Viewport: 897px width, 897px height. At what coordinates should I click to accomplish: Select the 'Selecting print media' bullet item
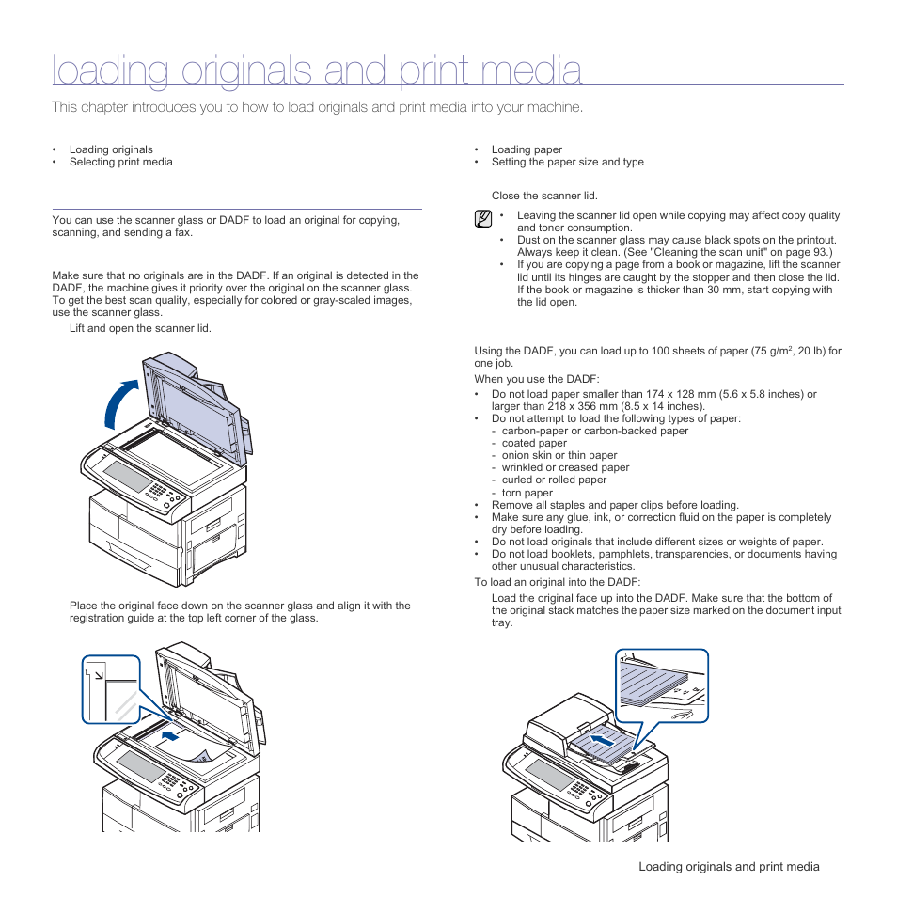click(120, 162)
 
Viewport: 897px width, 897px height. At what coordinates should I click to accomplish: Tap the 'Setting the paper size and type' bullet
click(567, 162)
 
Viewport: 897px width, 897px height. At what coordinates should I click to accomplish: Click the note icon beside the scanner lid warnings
click(483, 220)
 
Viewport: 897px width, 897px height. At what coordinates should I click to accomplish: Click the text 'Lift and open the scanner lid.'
click(140, 328)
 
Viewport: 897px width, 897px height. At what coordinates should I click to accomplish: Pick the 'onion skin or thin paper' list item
click(559, 455)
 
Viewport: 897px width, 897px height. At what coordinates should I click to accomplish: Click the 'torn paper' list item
click(527, 493)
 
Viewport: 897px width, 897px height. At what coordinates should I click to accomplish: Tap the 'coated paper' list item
click(534, 443)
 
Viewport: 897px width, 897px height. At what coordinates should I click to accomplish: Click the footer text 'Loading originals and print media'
click(729, 867)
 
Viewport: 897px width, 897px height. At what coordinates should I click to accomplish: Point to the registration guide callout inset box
click(111, 689)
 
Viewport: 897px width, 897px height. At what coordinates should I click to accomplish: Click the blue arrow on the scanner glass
click(170, 730)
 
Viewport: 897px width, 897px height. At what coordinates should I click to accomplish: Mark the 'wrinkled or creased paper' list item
click(565, 467)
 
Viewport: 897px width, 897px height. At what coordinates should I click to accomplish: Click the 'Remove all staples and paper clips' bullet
click(615, 505)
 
